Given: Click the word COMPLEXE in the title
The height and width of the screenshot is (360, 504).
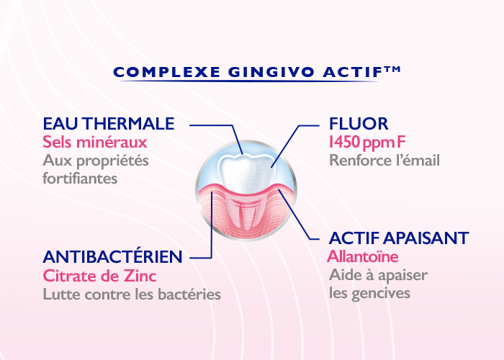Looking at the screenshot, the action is pyautogui.click(x=167, y=72).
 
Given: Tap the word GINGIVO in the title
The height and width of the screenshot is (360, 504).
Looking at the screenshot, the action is pyautogui.click(x=271, y=72).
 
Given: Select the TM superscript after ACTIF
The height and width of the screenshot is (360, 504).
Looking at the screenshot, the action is pyautogui.click(x=392, y=69).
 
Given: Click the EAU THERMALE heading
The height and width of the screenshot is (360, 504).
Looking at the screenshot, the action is pyautogui.click(x=109, y=124).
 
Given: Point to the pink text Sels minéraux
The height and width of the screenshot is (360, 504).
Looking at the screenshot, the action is pyautogui.click(x=95, y=142).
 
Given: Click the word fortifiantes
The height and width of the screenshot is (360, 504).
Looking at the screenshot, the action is pyautogui.click(x=80, y=179).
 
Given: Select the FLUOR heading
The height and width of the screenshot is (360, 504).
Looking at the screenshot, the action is pyautogui.click(x=359, y=124).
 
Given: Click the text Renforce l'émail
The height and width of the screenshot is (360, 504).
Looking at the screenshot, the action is pyautogui.click(x=384, y=161).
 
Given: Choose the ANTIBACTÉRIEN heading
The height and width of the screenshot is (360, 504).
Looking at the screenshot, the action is pyautogui.click(x=112, y=256).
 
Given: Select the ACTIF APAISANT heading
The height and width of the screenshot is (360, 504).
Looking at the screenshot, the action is pyautogui.click(x=399, y=238).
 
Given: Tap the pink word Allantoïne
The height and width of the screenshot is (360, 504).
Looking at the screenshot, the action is pyautogui.click(x=363, y=256).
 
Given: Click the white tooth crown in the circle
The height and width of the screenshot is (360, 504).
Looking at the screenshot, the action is pyautogui.click(x=246, y=174).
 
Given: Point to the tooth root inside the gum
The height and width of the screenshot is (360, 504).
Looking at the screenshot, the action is pyautogui.click(x=246, y=212).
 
